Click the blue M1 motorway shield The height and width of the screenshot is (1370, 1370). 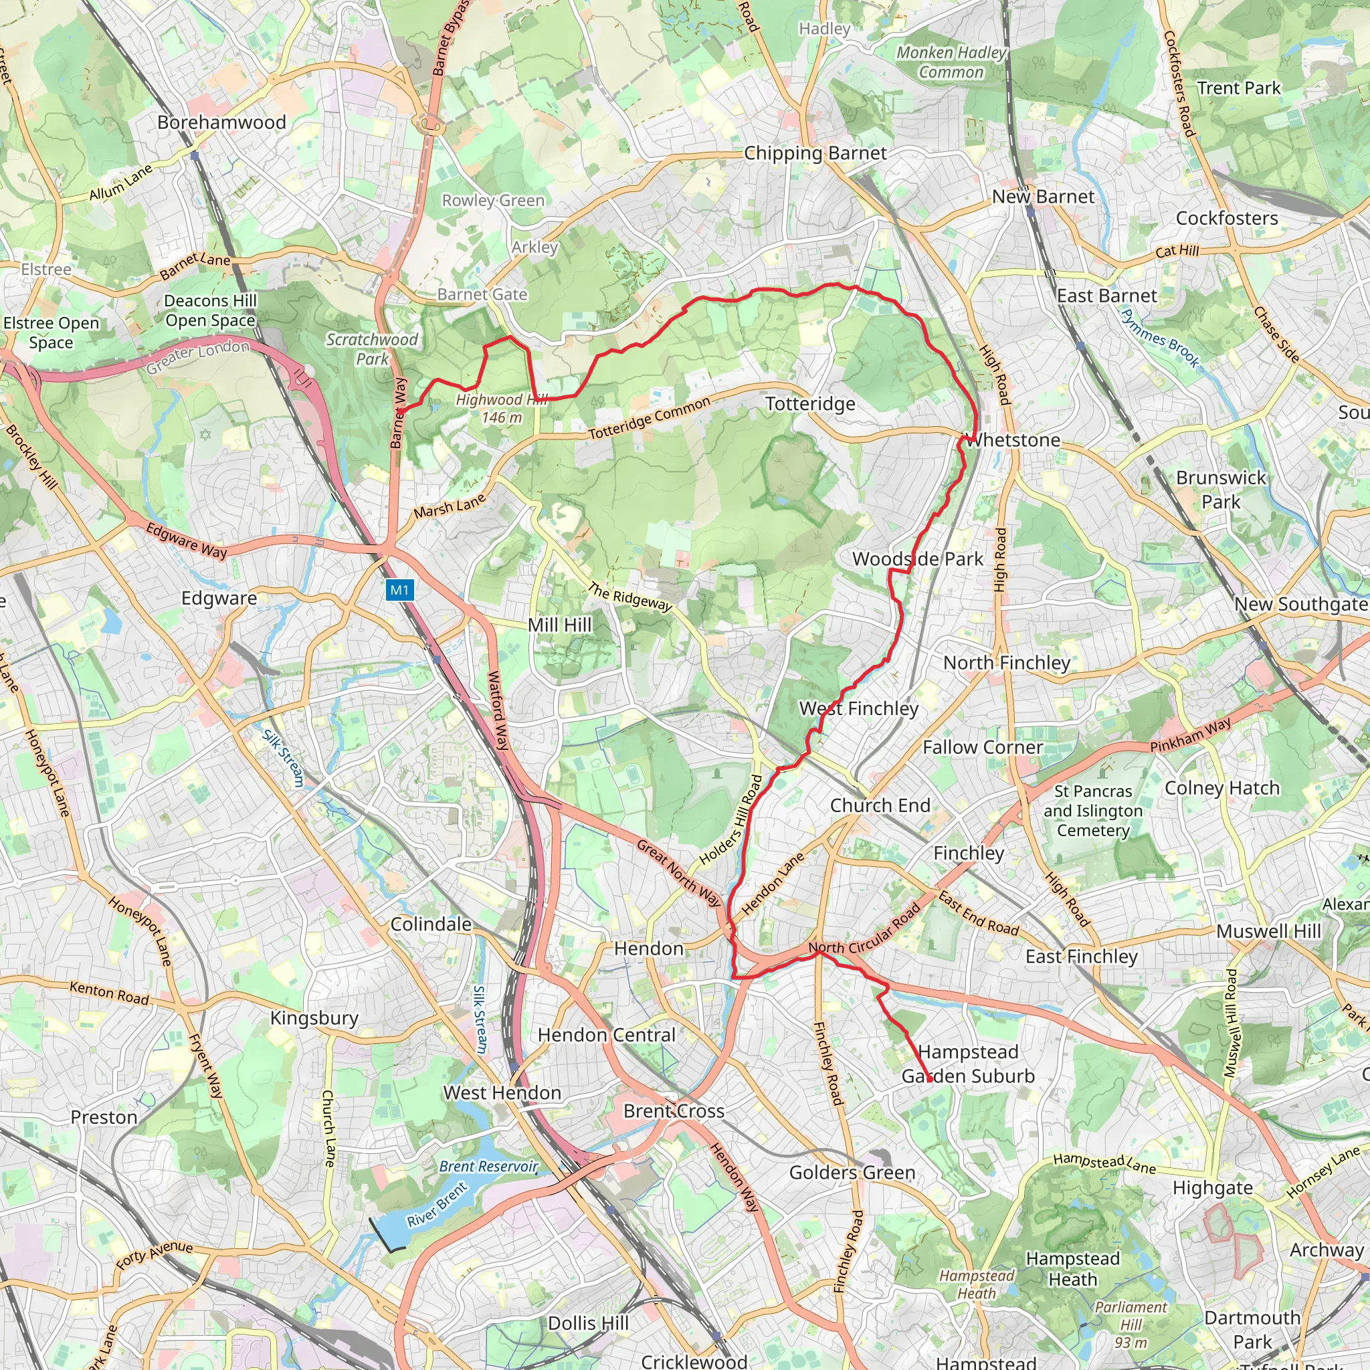point(400,589)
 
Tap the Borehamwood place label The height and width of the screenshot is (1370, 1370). point(221,122)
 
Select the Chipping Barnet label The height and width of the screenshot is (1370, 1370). point(815,153)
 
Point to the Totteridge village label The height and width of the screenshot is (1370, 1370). point(810,404)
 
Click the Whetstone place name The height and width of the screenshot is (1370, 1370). point(1014,440)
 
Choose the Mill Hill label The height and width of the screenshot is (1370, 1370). point(559,625)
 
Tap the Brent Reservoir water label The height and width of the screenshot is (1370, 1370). point(488,1167)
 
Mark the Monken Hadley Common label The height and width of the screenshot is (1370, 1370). point(951,62)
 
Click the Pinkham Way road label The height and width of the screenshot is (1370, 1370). point(1191,736)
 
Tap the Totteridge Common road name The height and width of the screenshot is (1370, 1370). point(649,418)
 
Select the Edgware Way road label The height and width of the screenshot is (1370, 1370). point(187,541)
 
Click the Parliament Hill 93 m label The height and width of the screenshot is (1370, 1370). point(1131,1324)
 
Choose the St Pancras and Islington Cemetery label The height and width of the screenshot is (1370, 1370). point(1093,811)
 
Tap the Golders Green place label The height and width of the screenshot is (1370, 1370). point(852,1173)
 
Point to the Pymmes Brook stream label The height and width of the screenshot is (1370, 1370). point(1160,338)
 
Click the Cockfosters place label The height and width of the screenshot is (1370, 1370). point(1227,218)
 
